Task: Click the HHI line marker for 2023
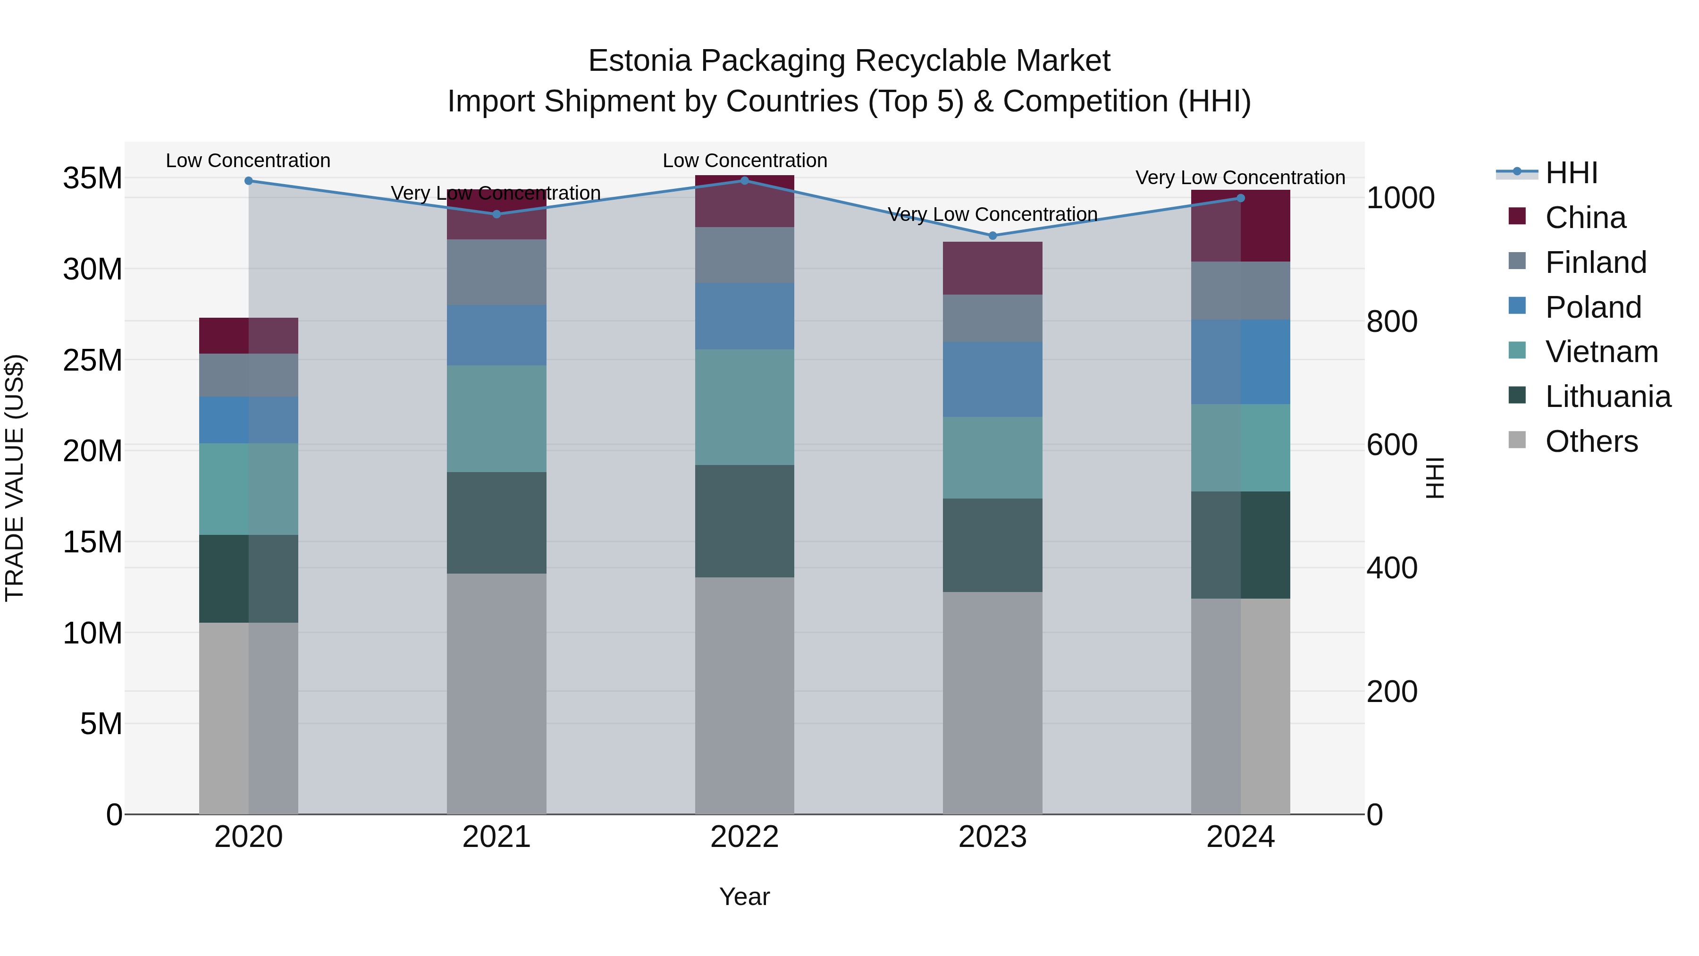click(x=992, y=236)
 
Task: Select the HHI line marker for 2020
click(x=249, y=181)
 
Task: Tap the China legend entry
click(x=1585, y=218)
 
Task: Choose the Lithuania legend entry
click(x=1607, y=397)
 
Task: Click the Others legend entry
click(x=1591, y=441)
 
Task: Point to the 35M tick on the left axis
click(x=93, y=178)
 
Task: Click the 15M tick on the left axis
click(x=93, y=542)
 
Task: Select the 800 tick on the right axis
click(x=1392, y=321)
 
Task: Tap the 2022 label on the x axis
click(x=745, y=837)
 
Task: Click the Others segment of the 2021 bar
click(x=496, y=693)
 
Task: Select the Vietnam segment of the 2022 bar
click(x=745, y=407)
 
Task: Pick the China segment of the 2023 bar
click(x=992, y=268)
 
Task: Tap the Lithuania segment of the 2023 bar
click(x=992, y=545)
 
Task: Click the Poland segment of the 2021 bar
click(x=496, y=335)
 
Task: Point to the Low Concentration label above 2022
click(x=745, y=161)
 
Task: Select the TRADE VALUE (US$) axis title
click(x=15, y=478)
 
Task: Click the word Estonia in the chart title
click(x=640, y=61)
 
